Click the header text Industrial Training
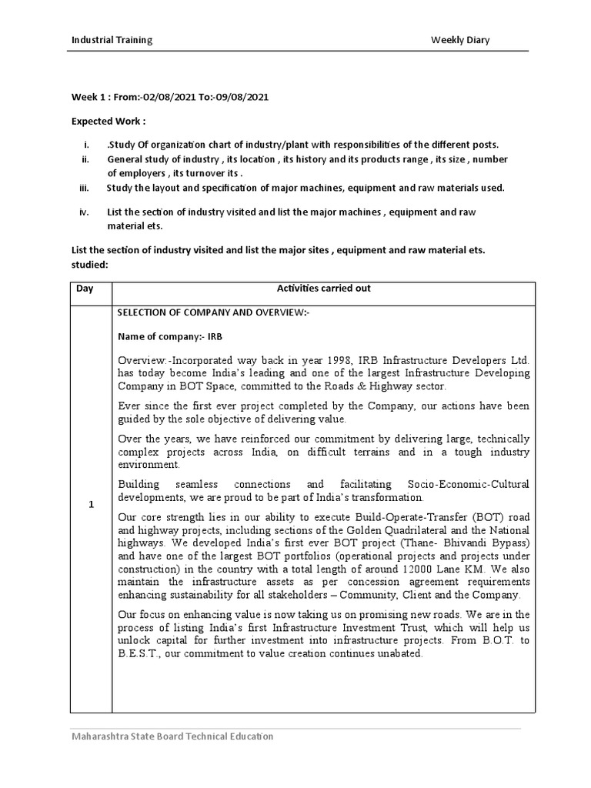[x=112, y=40]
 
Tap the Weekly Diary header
[x=460, y=40]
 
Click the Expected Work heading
[x=109, y=122]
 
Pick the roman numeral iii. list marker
[x=85, y=188]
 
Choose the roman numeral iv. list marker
[x=85, y=212]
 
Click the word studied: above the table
[x=90, y=265]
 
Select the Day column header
[x=84, y=289]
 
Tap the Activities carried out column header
[x=323, y=289]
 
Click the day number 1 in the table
[x=91, y=505]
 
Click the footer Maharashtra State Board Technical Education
[x=172, y=736]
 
